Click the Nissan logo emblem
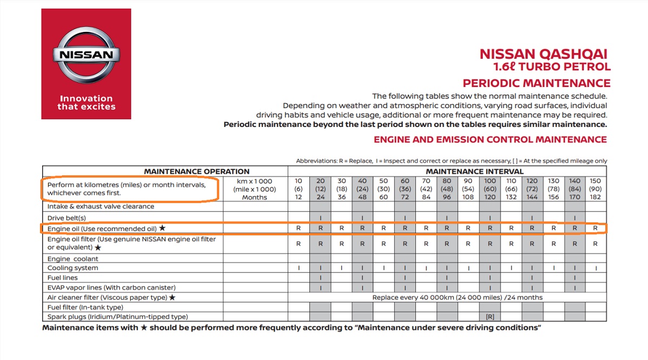coord(86,55)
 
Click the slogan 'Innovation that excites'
coord(86,103)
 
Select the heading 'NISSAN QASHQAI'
coord(544,54)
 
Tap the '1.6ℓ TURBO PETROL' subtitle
coord(552,67)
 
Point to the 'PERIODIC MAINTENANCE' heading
coord(537,83)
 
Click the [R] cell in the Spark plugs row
coord(490,317)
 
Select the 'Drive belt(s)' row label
coord(67,218)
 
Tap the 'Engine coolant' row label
coord(73,259)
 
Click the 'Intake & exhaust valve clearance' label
coord(100,206)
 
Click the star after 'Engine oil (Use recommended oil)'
coord(163,228)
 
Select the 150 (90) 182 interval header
coord(595,189)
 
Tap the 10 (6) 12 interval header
coord(298,189)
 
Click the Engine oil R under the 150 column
coord(595,228)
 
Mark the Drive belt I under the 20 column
coord(320,218)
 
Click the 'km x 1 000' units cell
coord(254,181)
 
